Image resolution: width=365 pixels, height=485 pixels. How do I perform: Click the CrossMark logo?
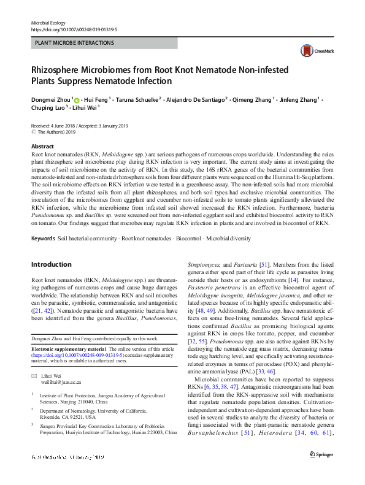(310, 51)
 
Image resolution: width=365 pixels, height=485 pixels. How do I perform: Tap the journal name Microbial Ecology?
(48, 22)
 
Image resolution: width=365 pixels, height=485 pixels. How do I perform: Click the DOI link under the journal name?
(74, 29)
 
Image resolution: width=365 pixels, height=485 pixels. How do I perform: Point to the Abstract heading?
(42, 147)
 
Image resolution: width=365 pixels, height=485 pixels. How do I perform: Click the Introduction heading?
(51, 264)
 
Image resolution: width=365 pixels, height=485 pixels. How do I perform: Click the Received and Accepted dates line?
(83, 125)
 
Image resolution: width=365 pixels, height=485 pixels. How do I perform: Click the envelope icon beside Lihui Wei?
(34, 375)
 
